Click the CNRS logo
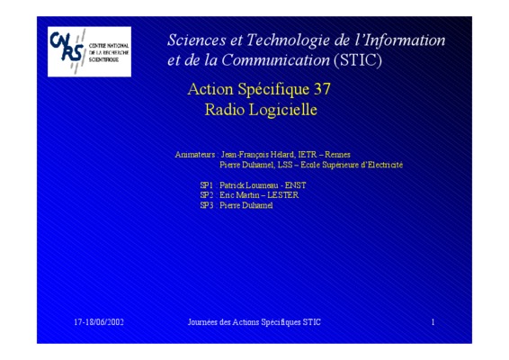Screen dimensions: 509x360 [89, 51]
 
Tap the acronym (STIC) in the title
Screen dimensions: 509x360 [358, 60]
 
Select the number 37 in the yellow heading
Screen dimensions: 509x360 [322, 89]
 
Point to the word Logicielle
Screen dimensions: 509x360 [282, 110]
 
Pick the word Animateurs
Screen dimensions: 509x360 [195, 155]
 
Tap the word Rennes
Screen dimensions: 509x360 [337, 155]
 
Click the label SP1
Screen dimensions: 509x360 [207, 185]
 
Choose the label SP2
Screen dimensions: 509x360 [207, 195]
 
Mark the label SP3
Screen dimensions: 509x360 [207, 205]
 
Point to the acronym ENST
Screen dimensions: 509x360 [295, 185]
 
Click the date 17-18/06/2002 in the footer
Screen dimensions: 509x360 [99, 322]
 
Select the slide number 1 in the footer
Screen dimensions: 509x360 [433, 322]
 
